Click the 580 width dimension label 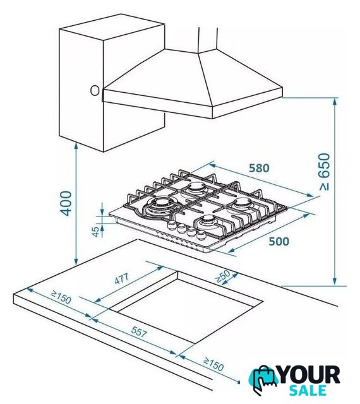[x=259, y=168]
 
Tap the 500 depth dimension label [x=279, y=241]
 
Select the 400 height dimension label [x=66, y=203]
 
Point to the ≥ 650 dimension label [x=325, y=172]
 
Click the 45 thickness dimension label [x=95, y=232]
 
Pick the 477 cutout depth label [x=121, y=279]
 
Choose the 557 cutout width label [x=139, y=331]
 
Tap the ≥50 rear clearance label [x=222, y=276]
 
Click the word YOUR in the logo [x=309, y=375]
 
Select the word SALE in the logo [x=308, y=390]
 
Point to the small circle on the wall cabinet [x=95, y=90]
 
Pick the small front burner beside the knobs [x=208, y=221]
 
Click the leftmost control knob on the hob [x=172, y=225]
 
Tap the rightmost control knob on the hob [x=201, y=235]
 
